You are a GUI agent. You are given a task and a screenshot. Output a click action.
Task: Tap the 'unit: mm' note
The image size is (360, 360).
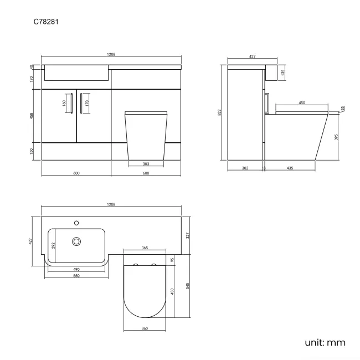pos(325,343)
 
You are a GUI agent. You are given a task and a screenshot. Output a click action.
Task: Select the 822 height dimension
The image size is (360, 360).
pos(221,112)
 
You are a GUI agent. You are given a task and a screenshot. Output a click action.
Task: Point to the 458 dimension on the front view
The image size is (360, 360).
pos(32,116)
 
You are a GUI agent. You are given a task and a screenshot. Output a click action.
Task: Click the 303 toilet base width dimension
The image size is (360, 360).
pos(145,163)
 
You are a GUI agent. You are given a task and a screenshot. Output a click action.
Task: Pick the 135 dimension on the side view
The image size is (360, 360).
pos(283,72)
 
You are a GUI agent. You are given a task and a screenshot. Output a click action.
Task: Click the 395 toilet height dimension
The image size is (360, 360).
pos(337,137)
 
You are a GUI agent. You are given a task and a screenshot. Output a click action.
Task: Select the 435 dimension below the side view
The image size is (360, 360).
pos(290,168)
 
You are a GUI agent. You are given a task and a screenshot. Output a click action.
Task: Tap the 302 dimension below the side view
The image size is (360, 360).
pos(245,168)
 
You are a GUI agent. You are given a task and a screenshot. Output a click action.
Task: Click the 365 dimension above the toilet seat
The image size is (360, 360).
pos(145,248)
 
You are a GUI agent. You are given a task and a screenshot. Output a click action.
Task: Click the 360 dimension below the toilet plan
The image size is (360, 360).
pos(145,328)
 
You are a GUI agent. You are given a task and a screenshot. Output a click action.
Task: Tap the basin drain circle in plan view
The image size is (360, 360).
pos(76,241)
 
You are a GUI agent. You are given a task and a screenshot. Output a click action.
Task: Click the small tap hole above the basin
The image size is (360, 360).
pos(76,223)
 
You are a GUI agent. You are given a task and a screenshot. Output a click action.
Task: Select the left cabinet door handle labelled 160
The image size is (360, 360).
pos(70,102)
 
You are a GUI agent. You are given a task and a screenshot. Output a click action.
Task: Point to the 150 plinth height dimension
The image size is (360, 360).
pos(32,151)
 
